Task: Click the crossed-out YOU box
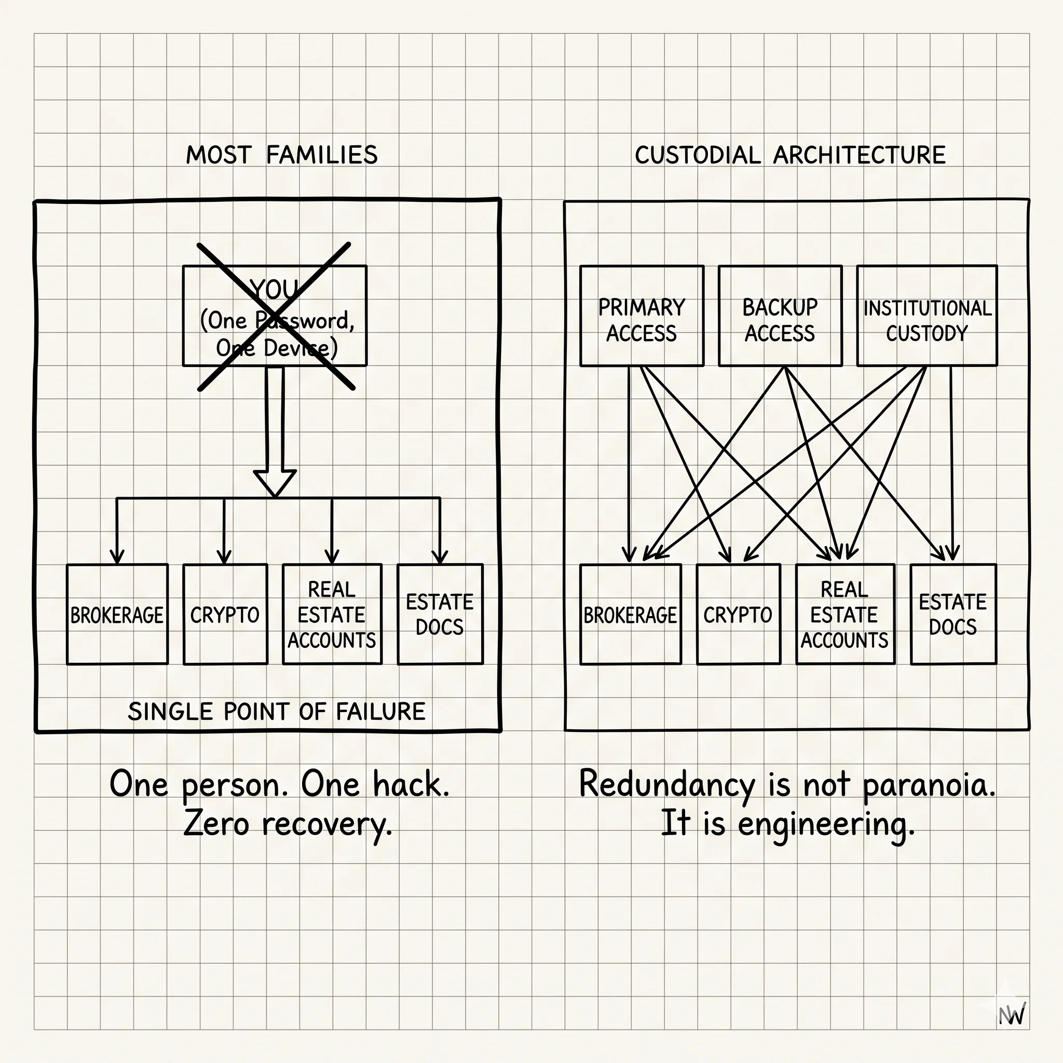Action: [x=275, y=316]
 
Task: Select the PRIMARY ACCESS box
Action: [x=642, y=316]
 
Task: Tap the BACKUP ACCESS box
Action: [x=780, y=316]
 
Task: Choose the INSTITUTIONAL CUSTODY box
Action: [x=927, y=316]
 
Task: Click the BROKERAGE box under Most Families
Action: [x=117, y=614]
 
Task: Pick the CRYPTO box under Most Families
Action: [x=225, y=614]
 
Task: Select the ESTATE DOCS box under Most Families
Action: [x=440, y=614]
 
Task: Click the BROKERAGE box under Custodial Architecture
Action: [x=631, y=614]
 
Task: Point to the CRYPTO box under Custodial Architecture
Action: [x=739, y=614]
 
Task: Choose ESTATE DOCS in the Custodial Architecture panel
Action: [x=953, y=614]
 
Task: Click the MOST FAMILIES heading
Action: [x=282, y=155]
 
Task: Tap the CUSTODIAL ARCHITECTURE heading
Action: [x=790, y=155]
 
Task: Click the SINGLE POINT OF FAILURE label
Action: [x=276, y=712]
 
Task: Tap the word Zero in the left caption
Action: [x=216, y=824]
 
